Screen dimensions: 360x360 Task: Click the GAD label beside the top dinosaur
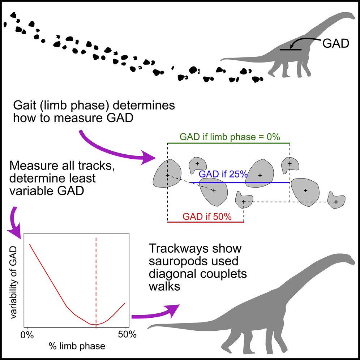(335, 43)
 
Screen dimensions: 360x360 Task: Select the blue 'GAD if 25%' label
(223, 174)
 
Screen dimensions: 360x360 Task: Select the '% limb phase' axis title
(77, 346)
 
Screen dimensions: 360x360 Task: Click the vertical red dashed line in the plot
(96, 275)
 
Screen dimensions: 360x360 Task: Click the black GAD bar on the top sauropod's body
(291, 49)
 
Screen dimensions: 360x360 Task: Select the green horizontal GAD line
(228, 143)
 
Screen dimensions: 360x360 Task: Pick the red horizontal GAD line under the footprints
(205, 222)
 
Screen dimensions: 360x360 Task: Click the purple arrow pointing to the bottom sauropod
(155, 313)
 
